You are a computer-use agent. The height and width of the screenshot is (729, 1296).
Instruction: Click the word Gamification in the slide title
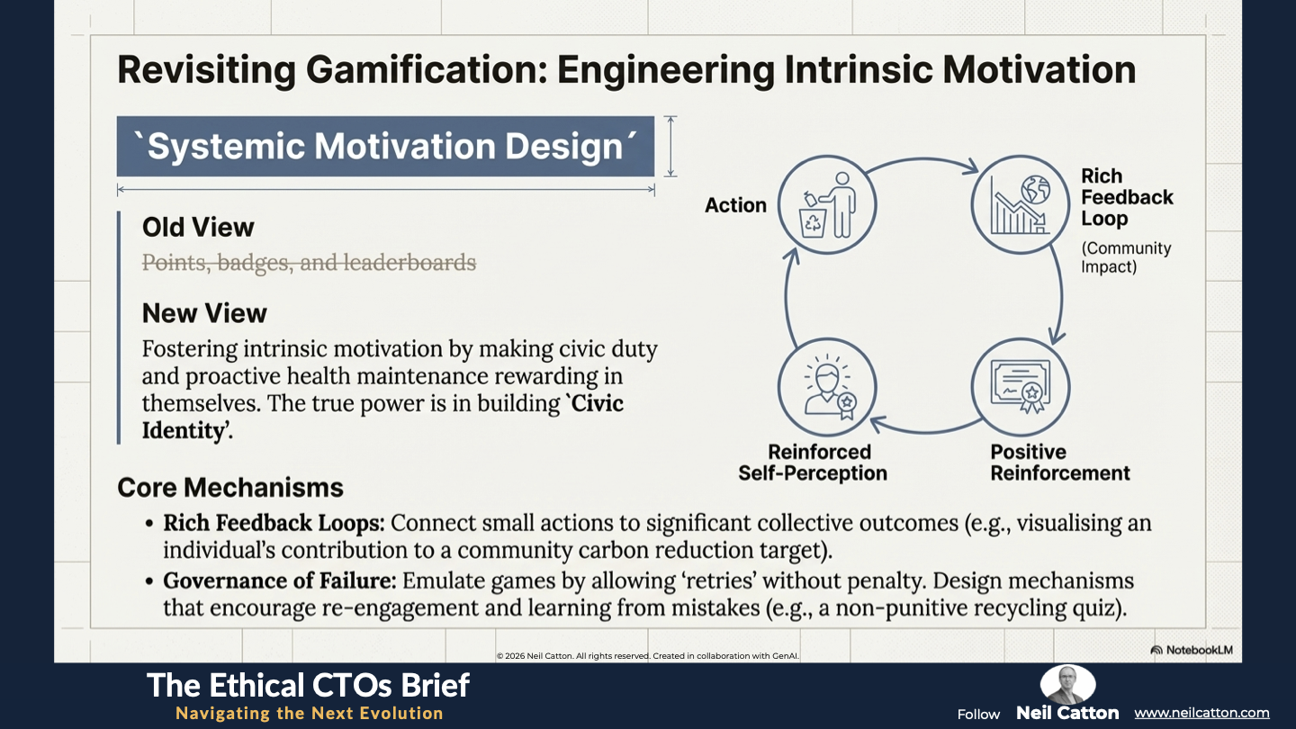coord(426,70)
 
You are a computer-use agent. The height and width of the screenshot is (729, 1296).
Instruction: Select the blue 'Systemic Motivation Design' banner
coord(385,147)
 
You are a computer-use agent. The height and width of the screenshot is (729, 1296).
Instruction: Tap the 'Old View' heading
coord(198,228)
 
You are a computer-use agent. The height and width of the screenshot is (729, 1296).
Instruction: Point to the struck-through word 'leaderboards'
coord(409,262)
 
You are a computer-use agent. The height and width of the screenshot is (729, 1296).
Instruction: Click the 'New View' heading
coord(204,313)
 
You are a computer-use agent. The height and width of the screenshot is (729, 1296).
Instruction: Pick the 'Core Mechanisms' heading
coord(230,487)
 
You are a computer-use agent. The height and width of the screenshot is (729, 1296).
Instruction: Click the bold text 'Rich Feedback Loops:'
coord(274,523)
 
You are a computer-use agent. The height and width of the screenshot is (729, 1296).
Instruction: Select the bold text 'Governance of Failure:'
coord(279,580)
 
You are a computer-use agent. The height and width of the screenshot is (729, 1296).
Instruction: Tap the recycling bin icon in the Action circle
coord(813,221)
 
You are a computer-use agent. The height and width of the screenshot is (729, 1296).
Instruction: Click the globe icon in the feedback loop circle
coord(1036,189)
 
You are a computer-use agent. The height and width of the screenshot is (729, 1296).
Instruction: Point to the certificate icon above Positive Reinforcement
coord(1021,386)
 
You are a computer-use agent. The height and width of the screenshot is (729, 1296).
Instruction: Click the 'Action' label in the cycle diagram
coord(735,205)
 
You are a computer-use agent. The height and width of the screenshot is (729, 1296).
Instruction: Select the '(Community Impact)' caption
coord(1126,257)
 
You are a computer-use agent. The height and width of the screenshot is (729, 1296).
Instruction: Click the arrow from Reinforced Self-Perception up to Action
coord(788,297)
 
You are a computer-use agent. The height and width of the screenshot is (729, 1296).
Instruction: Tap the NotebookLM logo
coord(1192,651)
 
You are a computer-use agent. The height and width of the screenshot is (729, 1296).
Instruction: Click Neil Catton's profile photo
coord(1067,684)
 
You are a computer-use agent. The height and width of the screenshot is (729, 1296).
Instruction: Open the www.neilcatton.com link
coord(1201,713)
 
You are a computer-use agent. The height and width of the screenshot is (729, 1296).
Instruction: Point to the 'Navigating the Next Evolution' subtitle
coord(310,714)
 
